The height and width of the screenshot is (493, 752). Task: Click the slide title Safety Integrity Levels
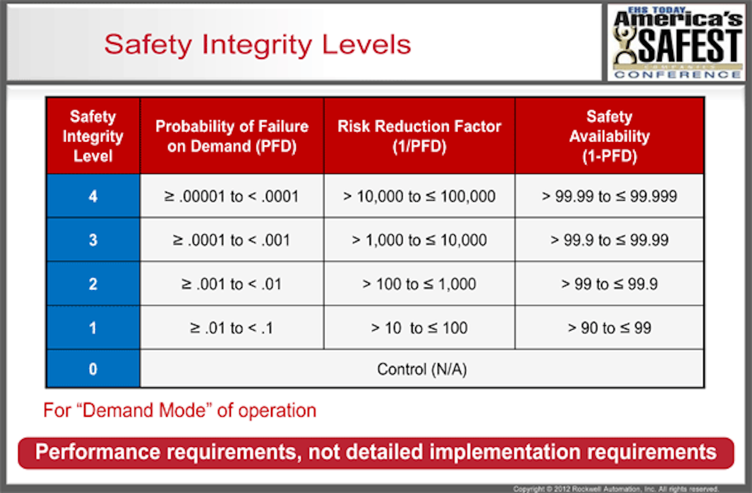tap(257, 44)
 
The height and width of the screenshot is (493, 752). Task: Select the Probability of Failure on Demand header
tap(232, 136)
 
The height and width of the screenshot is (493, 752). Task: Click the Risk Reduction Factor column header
tap(419, 136)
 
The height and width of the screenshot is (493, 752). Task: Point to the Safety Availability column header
tap(609, 136)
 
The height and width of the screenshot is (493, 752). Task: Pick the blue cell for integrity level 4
tap(93, 196)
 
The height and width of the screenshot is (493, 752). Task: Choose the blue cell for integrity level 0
tap(93, 369)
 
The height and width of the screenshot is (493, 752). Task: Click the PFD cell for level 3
tap(232, 240)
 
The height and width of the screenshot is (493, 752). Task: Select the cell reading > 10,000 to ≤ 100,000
tap(419, 196)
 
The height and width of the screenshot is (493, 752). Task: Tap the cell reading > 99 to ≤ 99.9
tap(609, 284)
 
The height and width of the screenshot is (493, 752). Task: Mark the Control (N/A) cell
tap(422, 369)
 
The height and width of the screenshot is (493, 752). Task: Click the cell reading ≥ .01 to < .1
tap(232, 328)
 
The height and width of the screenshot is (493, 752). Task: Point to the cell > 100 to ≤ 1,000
tap(419, 284)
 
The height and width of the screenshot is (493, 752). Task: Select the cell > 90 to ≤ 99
tap(609, 328)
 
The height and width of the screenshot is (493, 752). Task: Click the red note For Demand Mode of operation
tap(180, 410)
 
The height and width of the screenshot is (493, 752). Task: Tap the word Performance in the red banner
tap(97, 452)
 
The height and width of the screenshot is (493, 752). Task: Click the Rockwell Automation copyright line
tap(616, 489)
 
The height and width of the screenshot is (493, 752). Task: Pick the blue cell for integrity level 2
tap(93, 284)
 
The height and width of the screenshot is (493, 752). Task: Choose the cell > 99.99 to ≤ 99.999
tap(609, 196)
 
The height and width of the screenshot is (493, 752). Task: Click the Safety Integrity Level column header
tap(93, 136)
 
